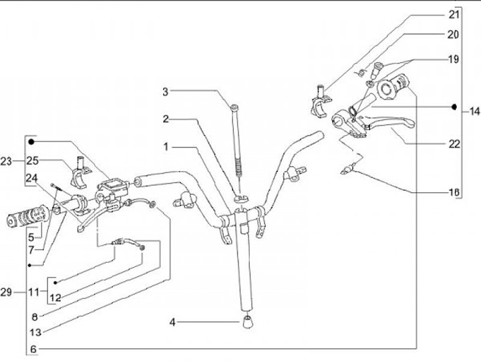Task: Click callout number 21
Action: click(x=455, y=14)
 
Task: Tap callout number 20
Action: click(x=455, y=34)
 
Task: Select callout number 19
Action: click(x=455, y=59)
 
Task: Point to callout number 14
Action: click(x=473, y=111)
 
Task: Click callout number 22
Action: click(x=455, y=143)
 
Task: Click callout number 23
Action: click(x=7, y=161)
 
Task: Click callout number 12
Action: click(x=57, y=298)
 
